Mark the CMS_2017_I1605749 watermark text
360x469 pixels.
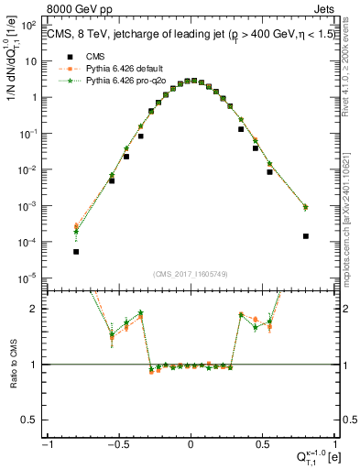tap(191, 274)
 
